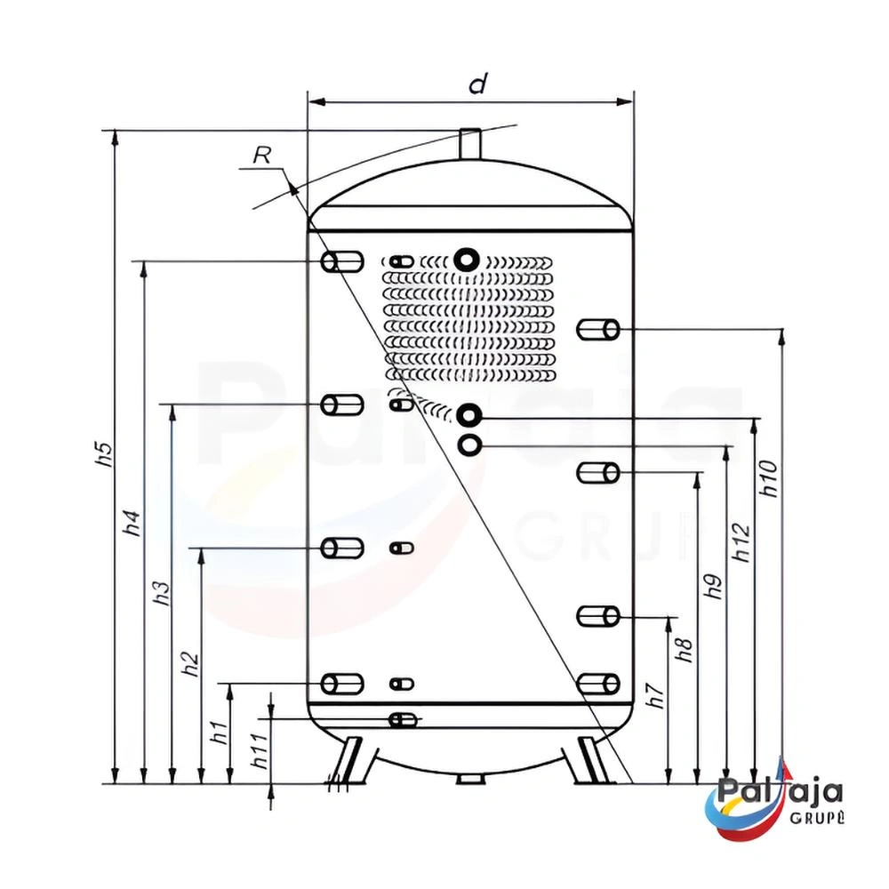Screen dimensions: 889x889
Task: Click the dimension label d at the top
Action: coord(477,84)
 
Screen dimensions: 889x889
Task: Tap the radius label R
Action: coord(262,155)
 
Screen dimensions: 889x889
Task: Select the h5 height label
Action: coord(105,454)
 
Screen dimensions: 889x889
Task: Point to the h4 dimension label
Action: coord(132,524)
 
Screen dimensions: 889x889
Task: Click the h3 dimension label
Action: coord(162,592)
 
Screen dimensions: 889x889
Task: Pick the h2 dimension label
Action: coord(191,663)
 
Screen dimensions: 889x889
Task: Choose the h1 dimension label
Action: coord(220,732)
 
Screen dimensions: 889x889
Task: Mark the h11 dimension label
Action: coord(259,751)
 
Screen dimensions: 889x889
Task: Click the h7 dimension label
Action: coord(657,696)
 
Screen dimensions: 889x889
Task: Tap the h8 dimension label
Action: coord(685,651)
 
